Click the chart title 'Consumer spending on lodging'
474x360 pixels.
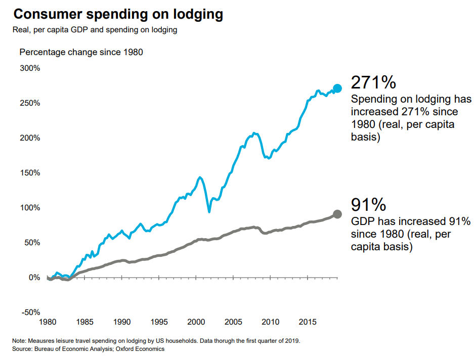pyautogui.click(x=118, y=14)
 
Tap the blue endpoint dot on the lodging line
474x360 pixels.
pyautogui.click(x=337, y=88)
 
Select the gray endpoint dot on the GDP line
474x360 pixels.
pyautogui.click(x=337, y=214)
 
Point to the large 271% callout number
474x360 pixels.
pyautogui.click(x=373, y=82)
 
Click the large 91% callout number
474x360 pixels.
pyautogui.click(x=368, y=205)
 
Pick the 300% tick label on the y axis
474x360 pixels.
pyautogui.click(x=30, y=68)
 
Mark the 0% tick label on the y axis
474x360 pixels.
pyautogui.click(x=34, y=277)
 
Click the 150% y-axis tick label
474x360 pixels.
pyautogui.click(x=30, y=173)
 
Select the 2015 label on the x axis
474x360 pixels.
pyautogui.click(x=308, y=322)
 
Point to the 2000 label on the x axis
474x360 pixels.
pyautogui.click(x=196, y=322)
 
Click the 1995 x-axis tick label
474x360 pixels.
pyautogui.click(x=159, y=322)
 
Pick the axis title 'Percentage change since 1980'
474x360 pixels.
pyautogui.click(x=81, y=52)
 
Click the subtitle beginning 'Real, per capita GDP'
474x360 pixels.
pyautogui.click(x=95, y=30)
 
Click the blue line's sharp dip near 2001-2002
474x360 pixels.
pyautogui.click(x=209, y=211)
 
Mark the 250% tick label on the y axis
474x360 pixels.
pyautogui.click(x=30, y=103)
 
